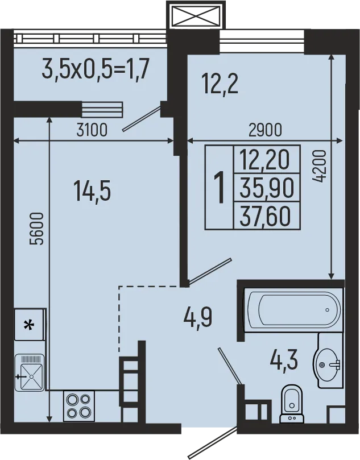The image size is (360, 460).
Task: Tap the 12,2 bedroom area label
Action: coord(220,85)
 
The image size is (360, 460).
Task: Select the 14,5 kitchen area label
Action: coord(92,190)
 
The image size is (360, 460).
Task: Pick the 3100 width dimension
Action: coord(92,130)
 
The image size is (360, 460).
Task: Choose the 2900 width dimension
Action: coord(266,130)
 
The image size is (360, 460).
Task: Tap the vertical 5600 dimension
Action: coord(37,228)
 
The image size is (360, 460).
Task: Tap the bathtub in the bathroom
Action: coord(292,310)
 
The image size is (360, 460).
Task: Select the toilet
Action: coord(292,404)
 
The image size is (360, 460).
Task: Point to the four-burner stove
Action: coord(78,406)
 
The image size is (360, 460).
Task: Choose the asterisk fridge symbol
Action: coord(28,325)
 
